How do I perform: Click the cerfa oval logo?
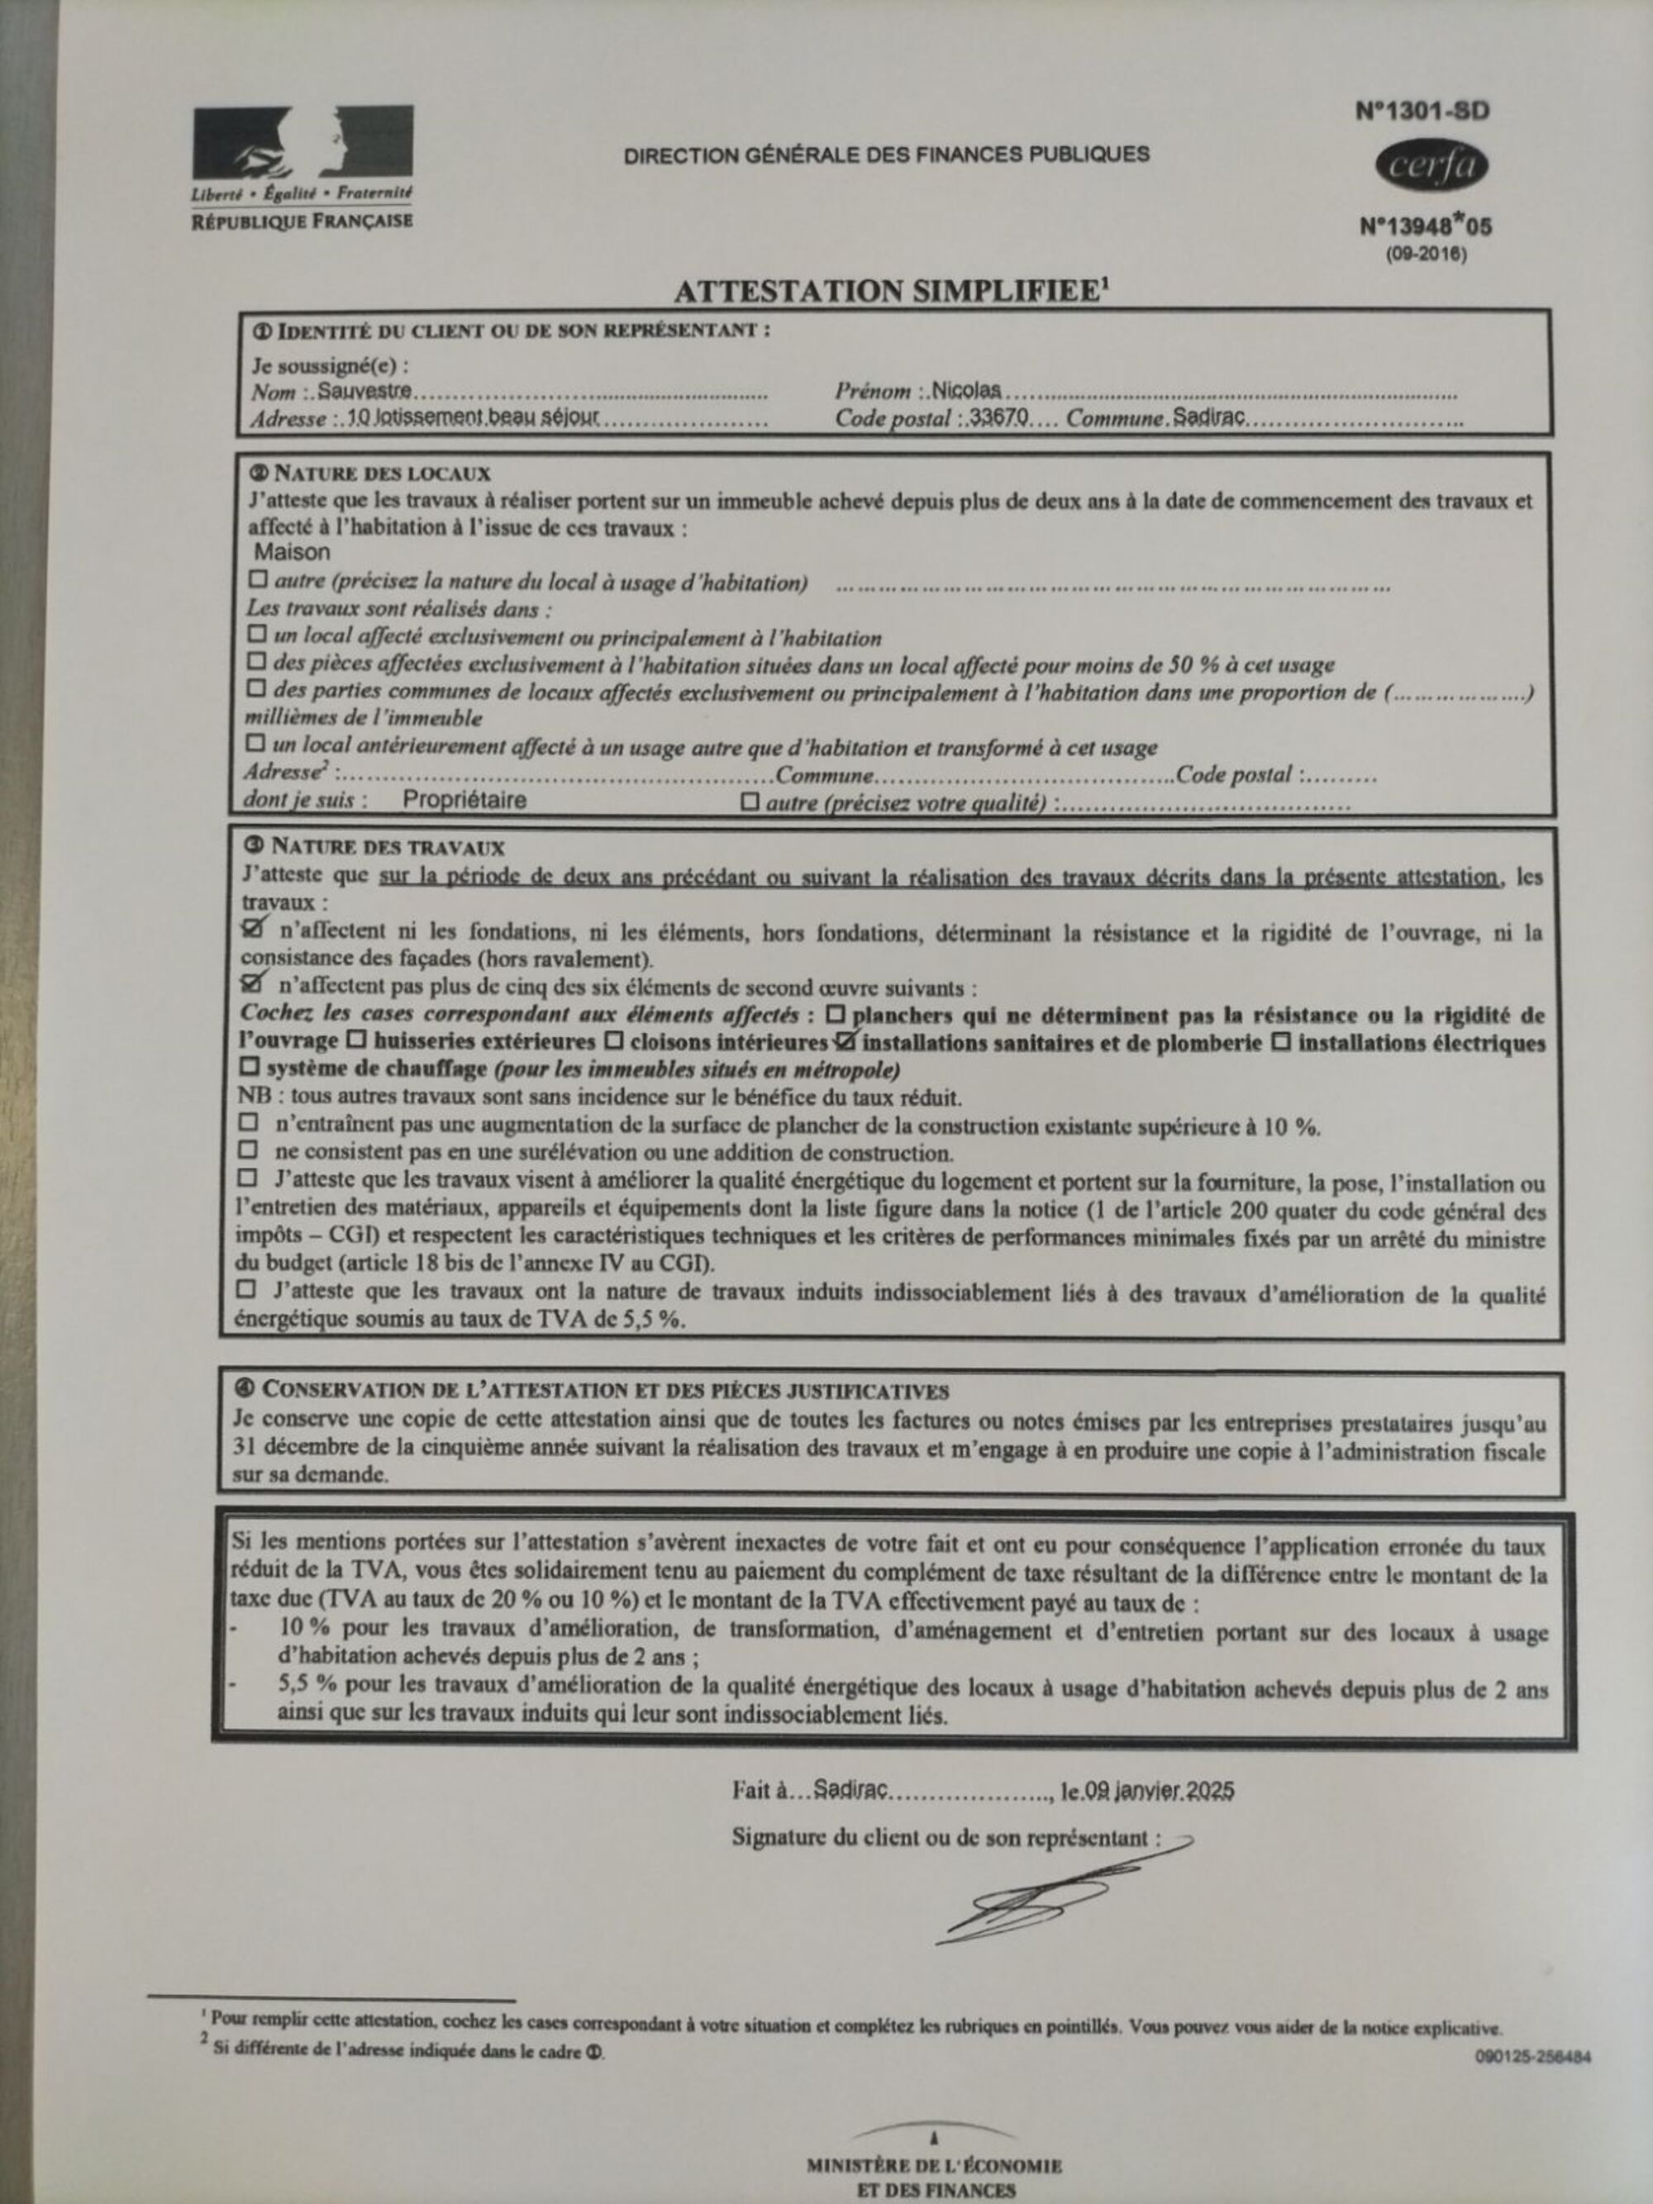[x=1431, y=166]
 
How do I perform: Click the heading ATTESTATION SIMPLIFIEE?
[x=891, y=291]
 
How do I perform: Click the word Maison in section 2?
[x=292, y=551]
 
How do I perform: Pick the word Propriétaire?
[x=464, y=800]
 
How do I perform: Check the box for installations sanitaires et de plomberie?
[x=846, y=1042]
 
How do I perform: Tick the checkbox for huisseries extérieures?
[x=355, y=1042]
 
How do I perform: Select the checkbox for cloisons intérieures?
[x=614, y=1042]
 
